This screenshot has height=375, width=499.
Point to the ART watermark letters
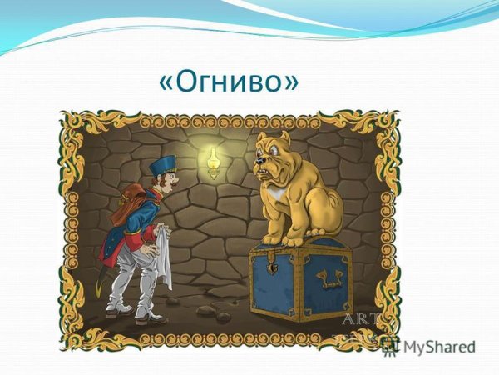point(362,317)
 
